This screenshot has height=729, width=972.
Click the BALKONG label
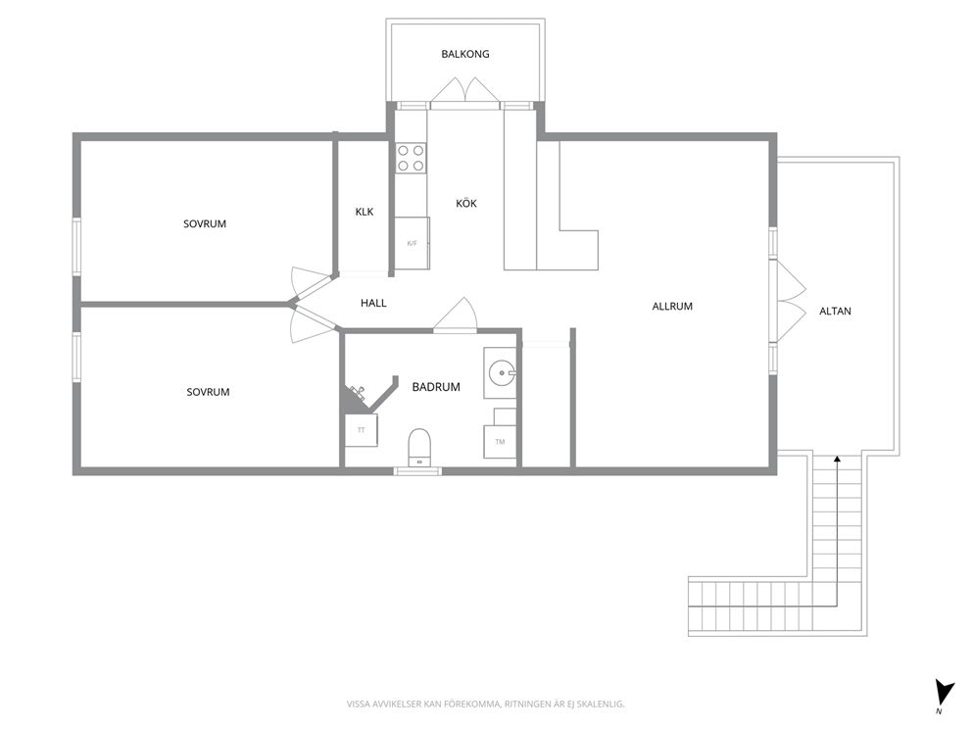pyautogui.click(x=464, y=54)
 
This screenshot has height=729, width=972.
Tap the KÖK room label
pyautogui.click(x=466, y=204)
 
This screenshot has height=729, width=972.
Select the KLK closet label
pyautogui.click(x=364, y=212)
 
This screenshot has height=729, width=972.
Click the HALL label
pyautogui.click(x=373, y=303)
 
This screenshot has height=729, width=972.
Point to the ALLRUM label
pyautogui.click(x=672, y=307)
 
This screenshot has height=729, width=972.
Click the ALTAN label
pyautogui.click(x=835, y=312)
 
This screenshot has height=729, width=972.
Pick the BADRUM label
pyautogui.click(x=436, y=387)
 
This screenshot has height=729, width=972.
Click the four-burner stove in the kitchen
pyautogui.click(x=411, y=158)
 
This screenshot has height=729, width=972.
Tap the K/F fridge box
pyautogui.click(x=413, y=243)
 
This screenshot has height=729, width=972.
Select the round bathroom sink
pyautogui.click(x=501, y=373)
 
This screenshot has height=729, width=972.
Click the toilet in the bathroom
pyautogui.click(x=419, y=447)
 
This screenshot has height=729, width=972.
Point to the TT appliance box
pyautogui.click(x=362, y=430)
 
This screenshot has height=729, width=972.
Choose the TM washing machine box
pyautogui.click(x=500, y=442)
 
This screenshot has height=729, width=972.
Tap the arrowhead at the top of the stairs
pyautogui.click(x=837, y=459)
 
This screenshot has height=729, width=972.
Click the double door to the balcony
pyautogui.click(x=464, y=90)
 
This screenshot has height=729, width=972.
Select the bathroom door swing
pyautogui.click(x=456, y=316)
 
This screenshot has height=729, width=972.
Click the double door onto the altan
pyautogui.click(x=788, y=301)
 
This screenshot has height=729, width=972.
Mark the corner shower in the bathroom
pyautogui.click(x=365, y=396)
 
